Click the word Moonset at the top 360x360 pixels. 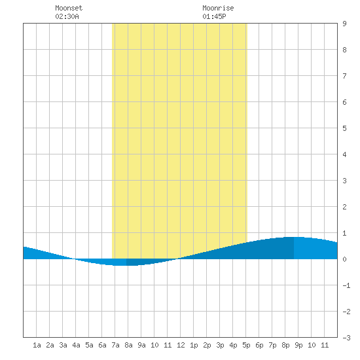pyautogui.click(x=69, y=8)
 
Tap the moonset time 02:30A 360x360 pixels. pyautogui.click(x=67, y=16)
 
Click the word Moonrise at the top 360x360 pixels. pyautogui.click(x=218, y=8)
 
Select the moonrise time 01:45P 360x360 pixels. pyautogui.click(x=214, y=16)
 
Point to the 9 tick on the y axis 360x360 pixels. pyautogui.click(x=344, y=24)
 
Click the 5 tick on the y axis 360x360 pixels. pyautogui.click(x=344, y=128)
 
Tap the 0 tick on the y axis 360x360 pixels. pyautogui.click(x=344, y=259)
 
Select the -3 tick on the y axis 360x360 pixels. pyautogui.click(x=347, y=338)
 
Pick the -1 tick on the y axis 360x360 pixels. pyautogui.click(x=347, y=285)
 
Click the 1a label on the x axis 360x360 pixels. pyautogui.click(x=37, y=345)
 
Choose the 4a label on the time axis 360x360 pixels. pyautogui.click(x=76, y=345)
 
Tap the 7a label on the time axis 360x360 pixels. pyautogui.click(x=115, y=345)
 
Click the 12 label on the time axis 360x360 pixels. pyautogui.click(x=181, y=345)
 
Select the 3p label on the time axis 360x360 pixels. pyautogui.click(x=220, y=346)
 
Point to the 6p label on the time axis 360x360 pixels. pyautogui.click(x=259, y=346)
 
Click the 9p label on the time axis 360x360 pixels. pyautogui.click(x=298, y=346)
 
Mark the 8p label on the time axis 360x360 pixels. pyautogui.click(x=285, y=346)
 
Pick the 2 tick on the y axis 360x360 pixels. pyautogui.click(x=344, y=207)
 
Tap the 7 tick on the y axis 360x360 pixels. pyautogui.click(x=344, y=76)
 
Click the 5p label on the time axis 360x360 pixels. pyautogui.click(x=246, y=346)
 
